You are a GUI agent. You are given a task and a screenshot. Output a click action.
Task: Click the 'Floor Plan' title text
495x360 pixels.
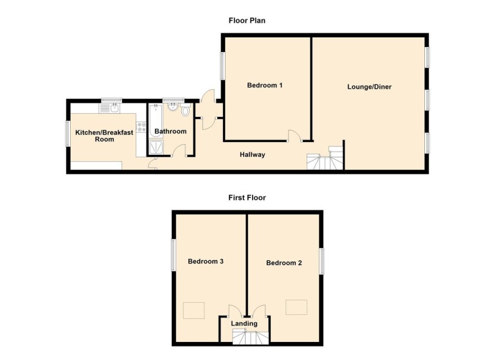pyautogui.click(x=247, y=21)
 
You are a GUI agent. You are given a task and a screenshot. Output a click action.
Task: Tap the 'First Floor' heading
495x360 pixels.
pyautogui.click(x=247, y=198)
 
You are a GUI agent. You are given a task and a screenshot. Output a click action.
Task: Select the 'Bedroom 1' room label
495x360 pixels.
pyautogui.click(x=265, y=85)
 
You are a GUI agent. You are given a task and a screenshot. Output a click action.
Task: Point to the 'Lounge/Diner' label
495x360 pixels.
pyautogui.click(x=370, y=87)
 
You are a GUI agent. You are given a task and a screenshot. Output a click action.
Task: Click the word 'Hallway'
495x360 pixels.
pyautogui.click(x=253, y=155)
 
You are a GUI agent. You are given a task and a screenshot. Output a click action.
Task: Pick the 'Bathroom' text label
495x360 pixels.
pyautogui.click(x=170, y=132)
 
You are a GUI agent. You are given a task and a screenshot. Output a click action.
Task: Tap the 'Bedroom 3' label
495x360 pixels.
pyautogui.click(x=206, y=262)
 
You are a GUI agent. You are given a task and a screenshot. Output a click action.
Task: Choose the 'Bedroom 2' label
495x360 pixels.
pyautogui.click(x=284, y=263)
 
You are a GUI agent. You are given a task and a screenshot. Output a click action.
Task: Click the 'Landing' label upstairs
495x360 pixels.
pyautogui.click(x=245, y=323)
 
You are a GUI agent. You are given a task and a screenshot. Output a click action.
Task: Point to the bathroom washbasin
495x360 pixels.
pyautogui.click(x=172, y=107)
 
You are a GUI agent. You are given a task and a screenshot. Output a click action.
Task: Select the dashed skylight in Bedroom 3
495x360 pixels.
pyautogui.click(x=195, y=310)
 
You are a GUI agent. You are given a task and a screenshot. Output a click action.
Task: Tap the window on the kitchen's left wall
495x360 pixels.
pyautogui.click(x=67, y=133)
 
